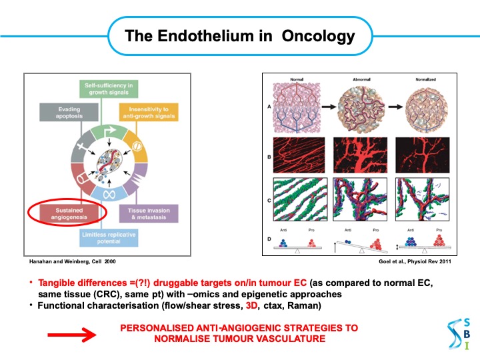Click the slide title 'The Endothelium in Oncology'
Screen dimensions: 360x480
coord(240,35)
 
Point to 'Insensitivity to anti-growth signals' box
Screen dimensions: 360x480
coord(149,112)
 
